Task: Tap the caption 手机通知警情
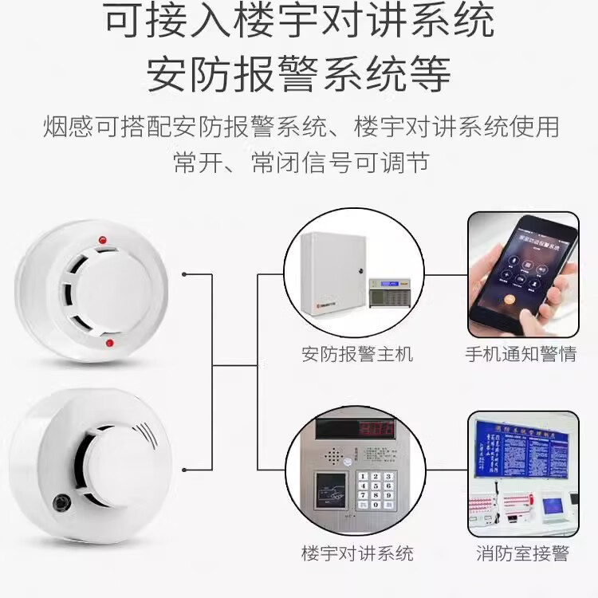click(x=521, y=354)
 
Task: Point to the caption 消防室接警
click(x=521, y=553)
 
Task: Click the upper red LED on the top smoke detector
click(x=101, y=239)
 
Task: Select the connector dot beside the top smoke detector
click(x=185, y=275)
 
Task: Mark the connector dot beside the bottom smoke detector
click(x=185, y=468)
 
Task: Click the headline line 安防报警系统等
click(x=299, y=73)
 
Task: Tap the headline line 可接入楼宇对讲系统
click(x=299, y=22)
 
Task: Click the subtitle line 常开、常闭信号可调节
click(x=301, y=162)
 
